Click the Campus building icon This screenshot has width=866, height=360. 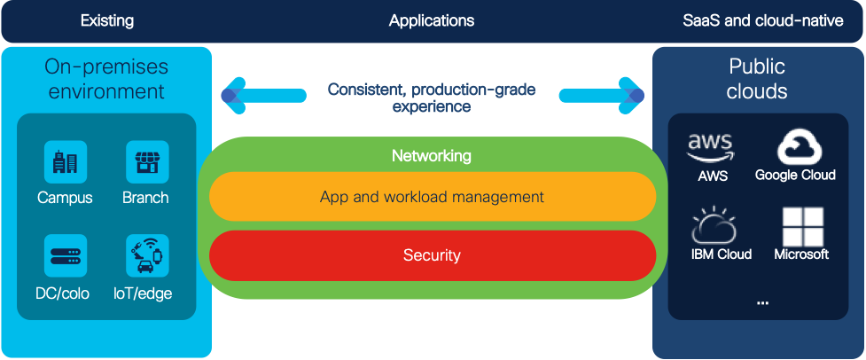pyautogui.click(x=65, y=162)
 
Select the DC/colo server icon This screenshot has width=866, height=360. pyautogui.click(x=65, y=255)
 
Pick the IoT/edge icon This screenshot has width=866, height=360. pyautogui.click(x=146, y=255)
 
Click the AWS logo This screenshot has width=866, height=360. pyautogui.click(x=712, y=147)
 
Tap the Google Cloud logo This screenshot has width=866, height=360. pyautogui.click(x=795, y=146)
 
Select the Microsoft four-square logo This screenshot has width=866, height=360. pyautogui.click(x=801, y=226)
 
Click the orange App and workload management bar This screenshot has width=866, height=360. pyautogui.click(x=432, y=196)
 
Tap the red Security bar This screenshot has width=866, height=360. pyautogui.click(x=432, y=255)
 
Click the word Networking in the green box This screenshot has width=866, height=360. pyautogui.click(x=432, y=156)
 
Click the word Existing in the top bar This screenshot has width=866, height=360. pyautogui.click(x=106, y=20)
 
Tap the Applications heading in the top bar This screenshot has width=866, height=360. pyautogui.click(x=432, y=20)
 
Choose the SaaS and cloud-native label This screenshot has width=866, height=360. pyautogui.click(x=763, y=20)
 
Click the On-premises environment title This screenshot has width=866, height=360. pyautogui.click(x=106, y=79)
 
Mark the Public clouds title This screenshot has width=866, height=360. pyautogui.click(x=757, y=79)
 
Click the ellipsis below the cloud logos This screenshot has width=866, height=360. pyautogui.click(x=762, y=303)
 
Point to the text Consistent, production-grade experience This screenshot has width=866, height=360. pyautogui.click(x=432, y=98)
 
